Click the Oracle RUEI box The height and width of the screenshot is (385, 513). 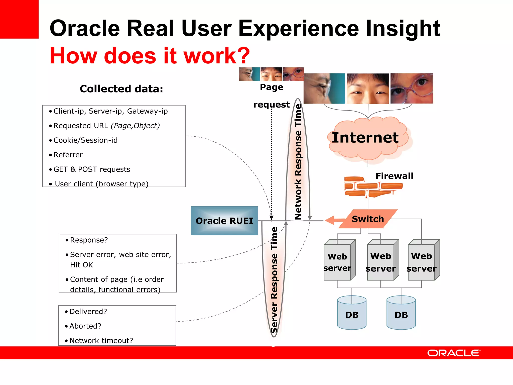(x=224, y=221)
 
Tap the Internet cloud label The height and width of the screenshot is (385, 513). (x=365, y=138)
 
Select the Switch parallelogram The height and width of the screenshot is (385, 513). (x=368, y=219)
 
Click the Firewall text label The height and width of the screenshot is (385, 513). (x=394, y=176)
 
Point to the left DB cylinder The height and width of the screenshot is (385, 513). (x=352, y=313)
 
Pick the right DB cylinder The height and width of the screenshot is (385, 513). (x=401, y=313)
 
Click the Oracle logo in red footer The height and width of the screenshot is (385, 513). (x=454, y=353)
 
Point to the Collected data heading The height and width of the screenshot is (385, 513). (x=121, y=89)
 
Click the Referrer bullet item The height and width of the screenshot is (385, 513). (x=68, y=155)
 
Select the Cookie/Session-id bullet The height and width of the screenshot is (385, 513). (x=85, y=140)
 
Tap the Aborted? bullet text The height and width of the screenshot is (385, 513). (x=85, y=326)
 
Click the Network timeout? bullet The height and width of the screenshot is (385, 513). (x=101, y=341)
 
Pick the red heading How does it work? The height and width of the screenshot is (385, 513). (x=150, y=55)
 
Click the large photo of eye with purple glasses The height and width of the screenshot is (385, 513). (x=412, y=88)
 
